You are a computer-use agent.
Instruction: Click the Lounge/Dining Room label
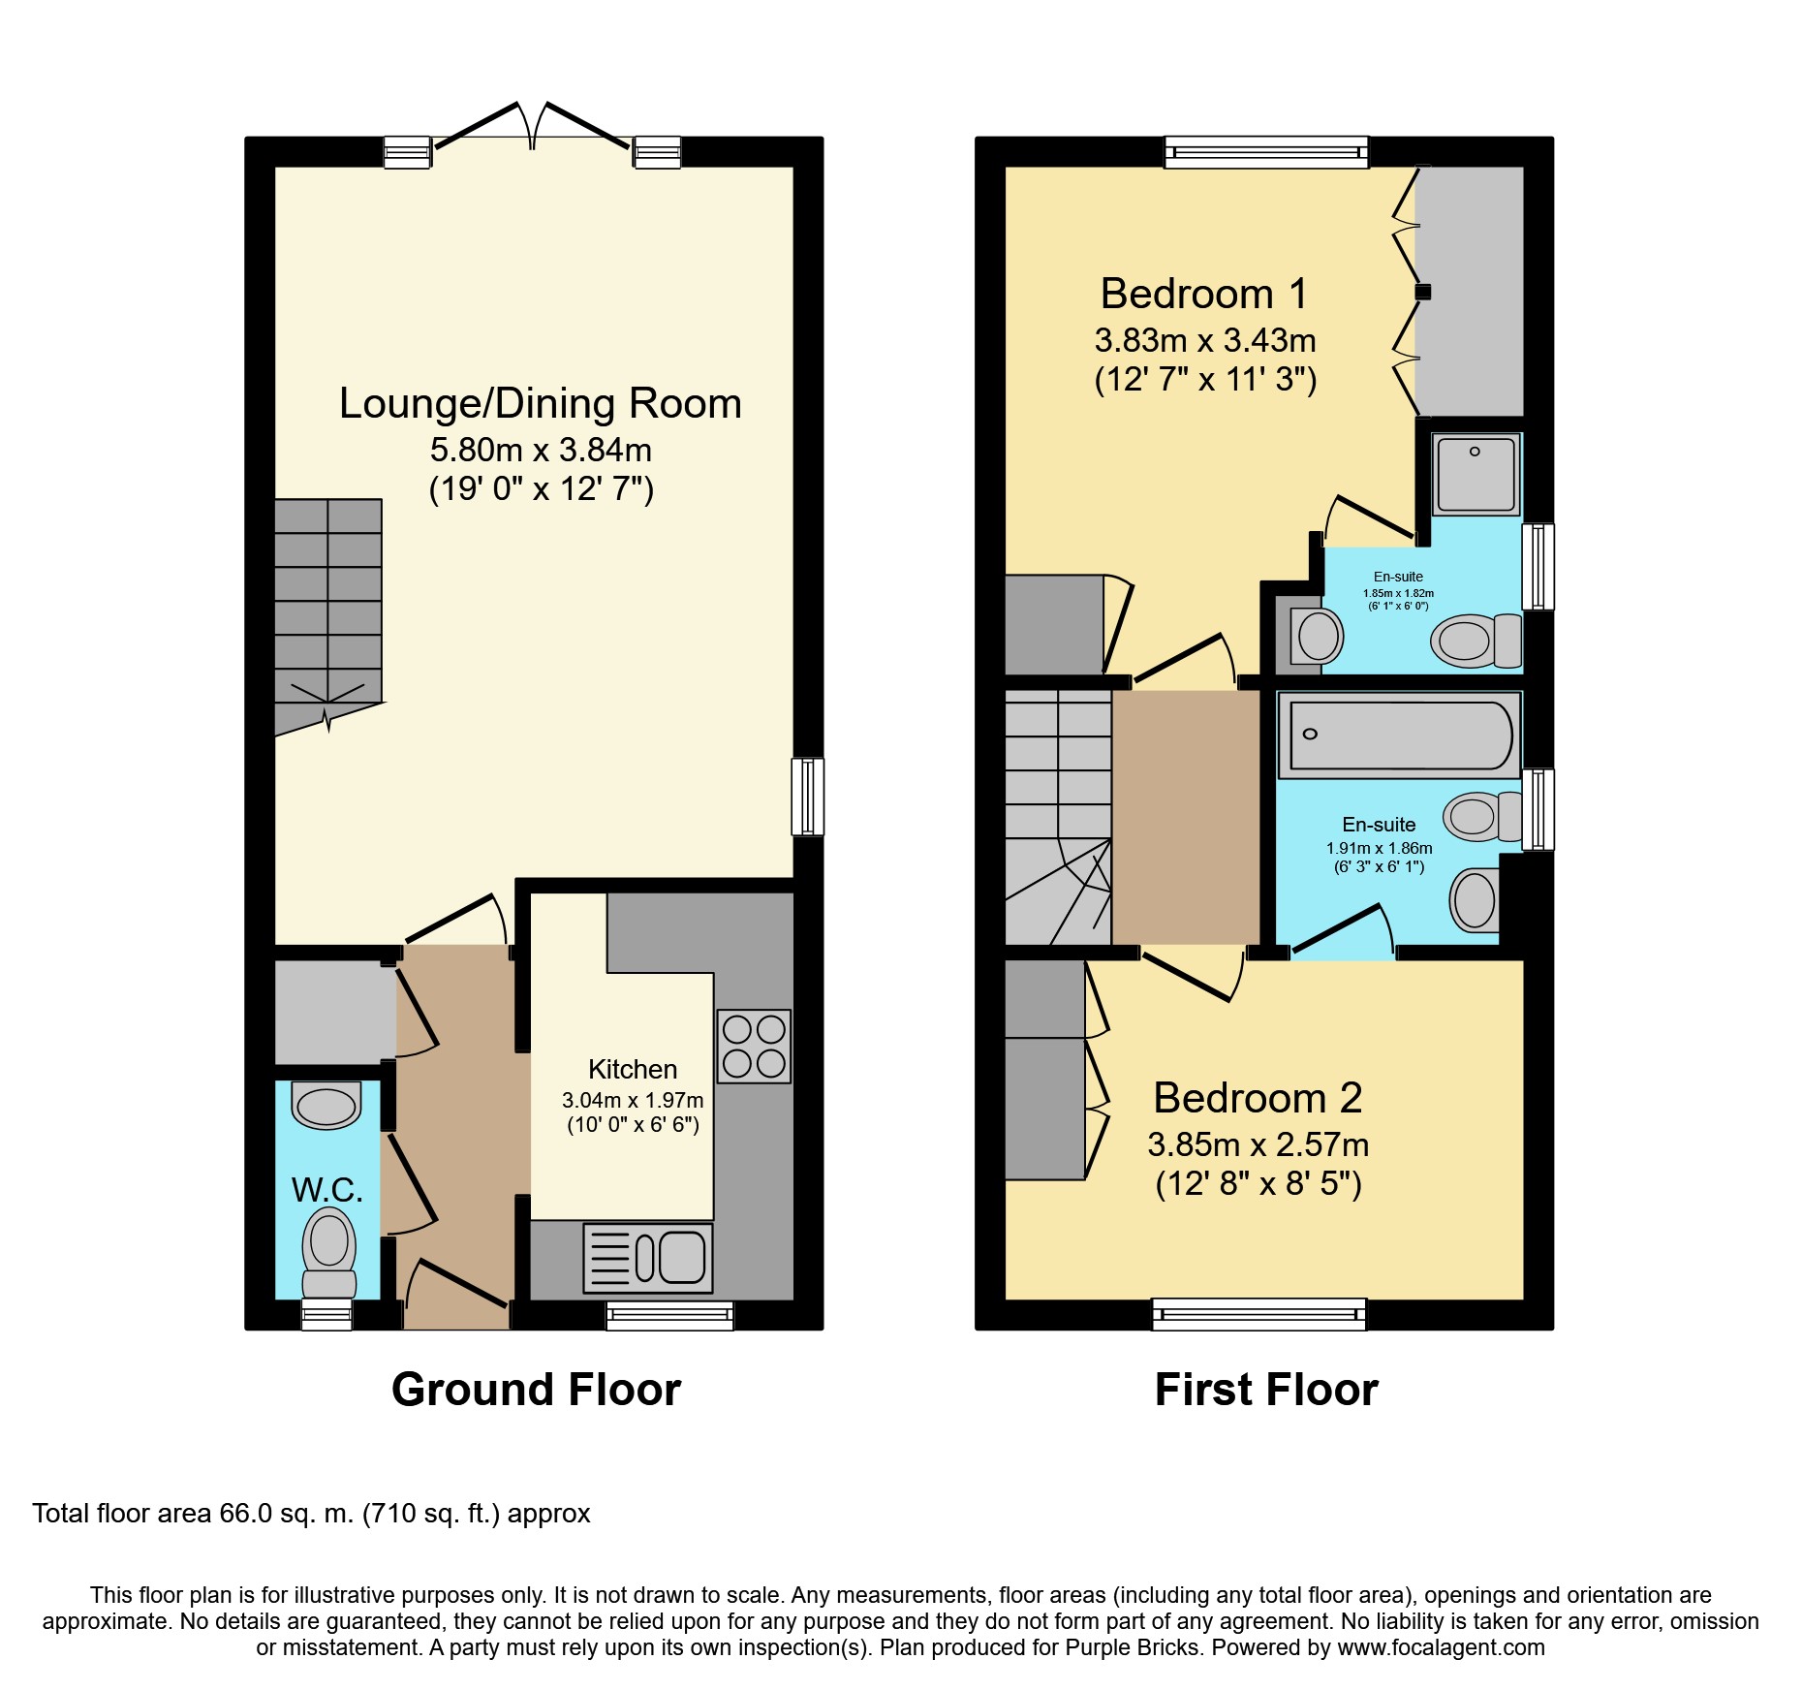[540, 403]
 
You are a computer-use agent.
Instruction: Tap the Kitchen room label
[633, 1069]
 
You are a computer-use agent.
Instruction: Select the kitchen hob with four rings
[754, 1047]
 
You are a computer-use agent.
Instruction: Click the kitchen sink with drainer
[648, 1258]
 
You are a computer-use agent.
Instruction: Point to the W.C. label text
[327, 1190]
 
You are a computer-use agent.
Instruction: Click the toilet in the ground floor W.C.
[329, 1254]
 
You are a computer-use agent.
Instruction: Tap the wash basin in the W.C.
[326, 1106]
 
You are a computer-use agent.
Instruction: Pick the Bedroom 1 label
[1204, 294]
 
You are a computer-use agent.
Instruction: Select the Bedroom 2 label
[1258, 1098]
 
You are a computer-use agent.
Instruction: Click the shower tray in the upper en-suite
[1476, 474]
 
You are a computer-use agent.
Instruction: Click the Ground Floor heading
[536, 1390]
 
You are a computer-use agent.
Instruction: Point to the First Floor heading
[1266, 1390]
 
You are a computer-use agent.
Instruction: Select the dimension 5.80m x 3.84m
[541, 450]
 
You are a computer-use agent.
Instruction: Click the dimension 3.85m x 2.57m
[1258, 1144]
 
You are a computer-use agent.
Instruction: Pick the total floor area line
[311, 1514]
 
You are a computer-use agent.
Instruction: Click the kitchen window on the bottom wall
[669, 1315]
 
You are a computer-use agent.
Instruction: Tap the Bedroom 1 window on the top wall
[1266, 152]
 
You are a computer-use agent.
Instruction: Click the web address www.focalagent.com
[1441, 1647]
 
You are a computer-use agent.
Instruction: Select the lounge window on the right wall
[808, 797]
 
